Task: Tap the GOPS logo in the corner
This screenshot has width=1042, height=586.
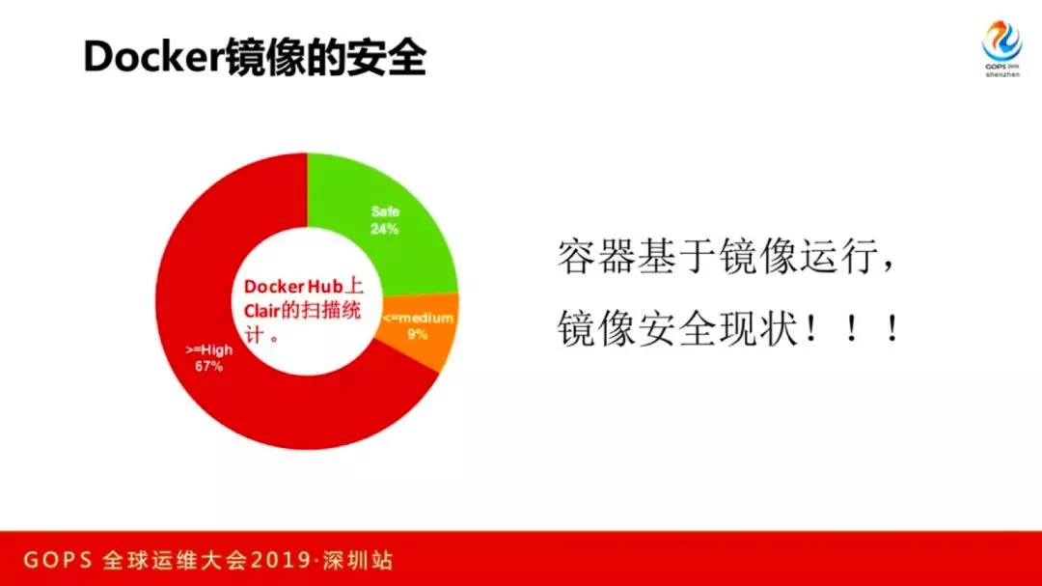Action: click(1002, 48)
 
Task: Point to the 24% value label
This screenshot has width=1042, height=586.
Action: click(385, 230)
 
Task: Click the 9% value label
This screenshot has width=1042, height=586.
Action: click(418, 334)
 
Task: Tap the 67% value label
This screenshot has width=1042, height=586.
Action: click(208, 367)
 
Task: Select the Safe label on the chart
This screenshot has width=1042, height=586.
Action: click(385, 212)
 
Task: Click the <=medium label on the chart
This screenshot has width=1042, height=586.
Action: click(418, 318)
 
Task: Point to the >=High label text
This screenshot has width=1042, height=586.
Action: click(208, 349)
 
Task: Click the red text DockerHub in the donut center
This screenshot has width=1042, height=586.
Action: click(293, 287)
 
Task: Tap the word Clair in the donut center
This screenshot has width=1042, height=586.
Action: click(261, 311)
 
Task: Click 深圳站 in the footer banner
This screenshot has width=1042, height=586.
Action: click(359, 560)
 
